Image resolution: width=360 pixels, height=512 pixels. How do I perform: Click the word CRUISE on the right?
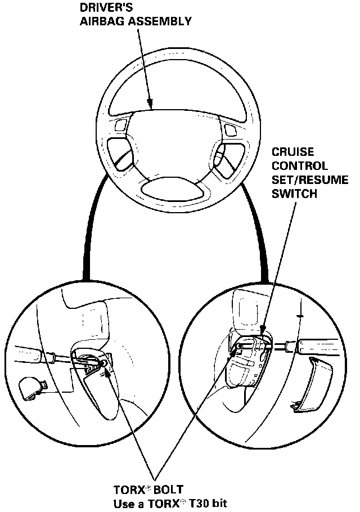click(292, 153)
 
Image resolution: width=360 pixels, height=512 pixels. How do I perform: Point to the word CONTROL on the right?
click(299, 167)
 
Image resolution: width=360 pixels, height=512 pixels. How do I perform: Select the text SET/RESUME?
click(309, 180)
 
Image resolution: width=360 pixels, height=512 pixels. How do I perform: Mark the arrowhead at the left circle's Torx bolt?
click(106, 366)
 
